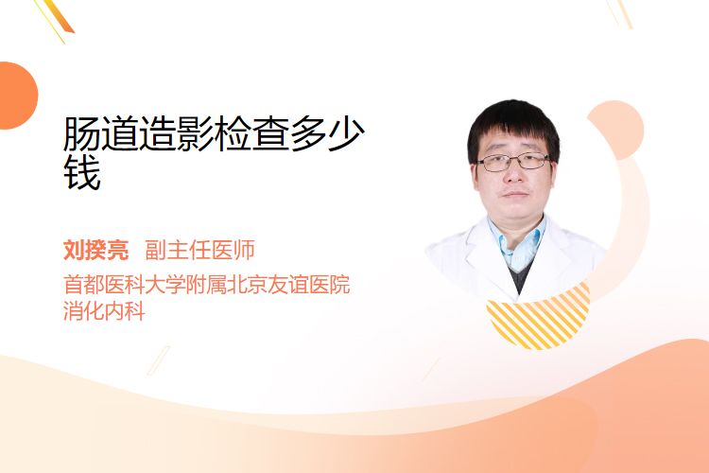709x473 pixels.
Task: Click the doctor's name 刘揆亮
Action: pyautogui.click(x=95, y=250)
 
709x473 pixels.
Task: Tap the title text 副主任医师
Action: pyautogui.click(x=199, y=250)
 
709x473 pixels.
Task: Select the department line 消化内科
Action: pyautogui.click(x=104, y=311)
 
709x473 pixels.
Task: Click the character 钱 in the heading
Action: pyautogui.click(x=82, y=172)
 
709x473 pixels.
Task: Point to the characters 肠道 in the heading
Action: pyautogui.click(x=101, y=134)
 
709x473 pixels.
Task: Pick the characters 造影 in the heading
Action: pyautogui.click(x=177, y=134)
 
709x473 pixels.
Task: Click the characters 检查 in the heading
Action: pyautogui.click(x=251, y=134)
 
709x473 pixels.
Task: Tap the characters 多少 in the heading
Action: pyautogui.click(x=327, y=134)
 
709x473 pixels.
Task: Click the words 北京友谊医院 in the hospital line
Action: pyautogui.click(x=288, y=284)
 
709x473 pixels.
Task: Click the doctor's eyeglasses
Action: pyautogui.click(x=513, y=162)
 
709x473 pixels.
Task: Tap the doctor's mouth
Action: pyautogui.click(x=515, y=194)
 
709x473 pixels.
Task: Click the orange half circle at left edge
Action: pyautogui.click(x=17, y=96)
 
